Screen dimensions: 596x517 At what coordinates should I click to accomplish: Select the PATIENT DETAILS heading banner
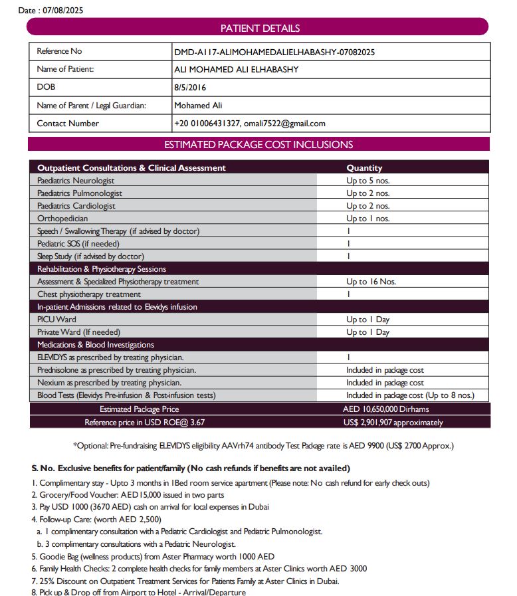click(260, 28)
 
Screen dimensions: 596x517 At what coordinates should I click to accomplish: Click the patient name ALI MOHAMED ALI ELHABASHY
click(236, 69)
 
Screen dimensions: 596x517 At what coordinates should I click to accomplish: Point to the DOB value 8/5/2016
click(190, 87)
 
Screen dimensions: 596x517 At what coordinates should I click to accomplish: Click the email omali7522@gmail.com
click(284, 123)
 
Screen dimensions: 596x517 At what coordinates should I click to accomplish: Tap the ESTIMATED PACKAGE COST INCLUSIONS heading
click(258, 144)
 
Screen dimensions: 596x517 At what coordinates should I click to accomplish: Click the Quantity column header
click(364, 168)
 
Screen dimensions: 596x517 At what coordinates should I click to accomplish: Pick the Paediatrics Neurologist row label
click(76, 181)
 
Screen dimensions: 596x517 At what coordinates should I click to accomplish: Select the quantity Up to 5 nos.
click(367, 181)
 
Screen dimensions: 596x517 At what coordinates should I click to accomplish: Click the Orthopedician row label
click(62, 219)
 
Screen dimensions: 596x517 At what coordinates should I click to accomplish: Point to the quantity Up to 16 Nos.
click(371, 282)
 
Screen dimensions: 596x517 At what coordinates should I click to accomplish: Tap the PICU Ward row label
click(56, 320)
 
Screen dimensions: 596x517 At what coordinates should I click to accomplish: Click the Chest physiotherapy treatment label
click(89, 294)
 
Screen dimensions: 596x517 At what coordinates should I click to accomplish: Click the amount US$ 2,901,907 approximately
click(393, 423)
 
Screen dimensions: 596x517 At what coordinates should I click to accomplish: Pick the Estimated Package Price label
click(139, 409)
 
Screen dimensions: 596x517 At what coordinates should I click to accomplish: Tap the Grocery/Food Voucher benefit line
click(132, 495)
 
